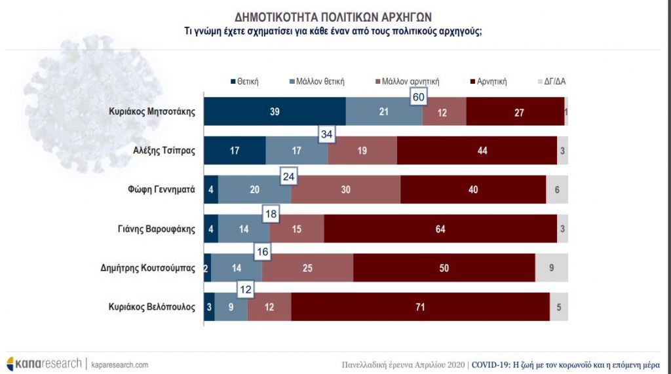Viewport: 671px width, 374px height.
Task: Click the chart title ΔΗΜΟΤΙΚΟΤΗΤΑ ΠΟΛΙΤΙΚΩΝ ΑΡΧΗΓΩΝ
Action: coord(333,17)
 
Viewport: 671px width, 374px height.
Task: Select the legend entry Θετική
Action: coord(244,82)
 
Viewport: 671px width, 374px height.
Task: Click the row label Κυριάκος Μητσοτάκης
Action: coord(152,111)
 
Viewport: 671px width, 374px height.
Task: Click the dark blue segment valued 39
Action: coord(275,111)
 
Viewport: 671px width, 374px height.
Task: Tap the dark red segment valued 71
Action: coord(420,307)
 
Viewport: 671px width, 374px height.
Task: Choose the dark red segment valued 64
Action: coord(440,229)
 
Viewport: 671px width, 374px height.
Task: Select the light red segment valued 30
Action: coord(345,190)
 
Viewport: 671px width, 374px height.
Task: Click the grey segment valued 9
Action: coord(551,268)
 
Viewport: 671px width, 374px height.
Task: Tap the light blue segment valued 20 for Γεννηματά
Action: coord(254,190)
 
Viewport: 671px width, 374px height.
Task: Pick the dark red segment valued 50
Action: coord(444,268)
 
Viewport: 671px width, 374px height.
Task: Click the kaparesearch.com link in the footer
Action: coord(119,364)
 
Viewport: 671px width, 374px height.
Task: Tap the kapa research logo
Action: coord(43,364)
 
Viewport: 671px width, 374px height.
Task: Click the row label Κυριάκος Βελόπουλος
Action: coord(152,307)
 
